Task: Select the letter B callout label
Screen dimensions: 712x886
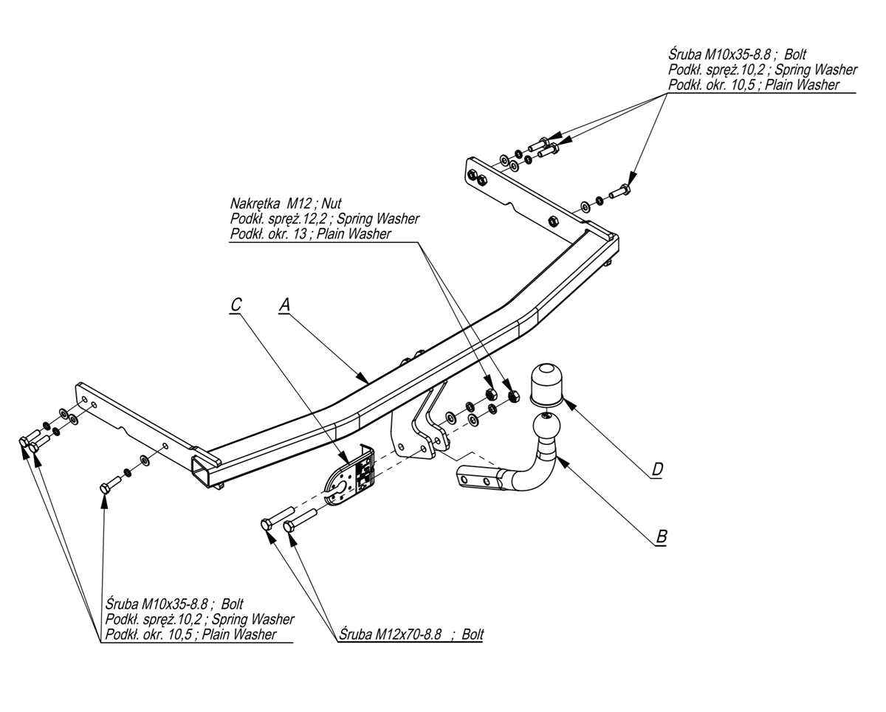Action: click(x=661, y=537)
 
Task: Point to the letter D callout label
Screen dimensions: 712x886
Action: click(x=657, y=469)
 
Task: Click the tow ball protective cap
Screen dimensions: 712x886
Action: click(x=547, y=382)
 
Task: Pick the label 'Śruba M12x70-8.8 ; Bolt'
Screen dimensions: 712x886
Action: click(x=412, y=635)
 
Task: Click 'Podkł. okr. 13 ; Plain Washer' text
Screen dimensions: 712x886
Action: click(x=310, y=234)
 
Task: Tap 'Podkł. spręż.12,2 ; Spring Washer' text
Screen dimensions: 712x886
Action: click(x=324, y=218)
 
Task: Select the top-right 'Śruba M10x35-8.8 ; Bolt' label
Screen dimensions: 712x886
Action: click(x=737, y=55)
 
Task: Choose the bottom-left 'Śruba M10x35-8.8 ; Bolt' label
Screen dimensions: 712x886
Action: click(x=174, y=604)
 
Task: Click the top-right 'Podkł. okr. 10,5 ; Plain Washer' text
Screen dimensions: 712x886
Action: click(x=753, y=85)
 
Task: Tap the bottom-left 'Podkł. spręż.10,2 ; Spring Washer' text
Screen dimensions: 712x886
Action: click(x=199, y=619)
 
